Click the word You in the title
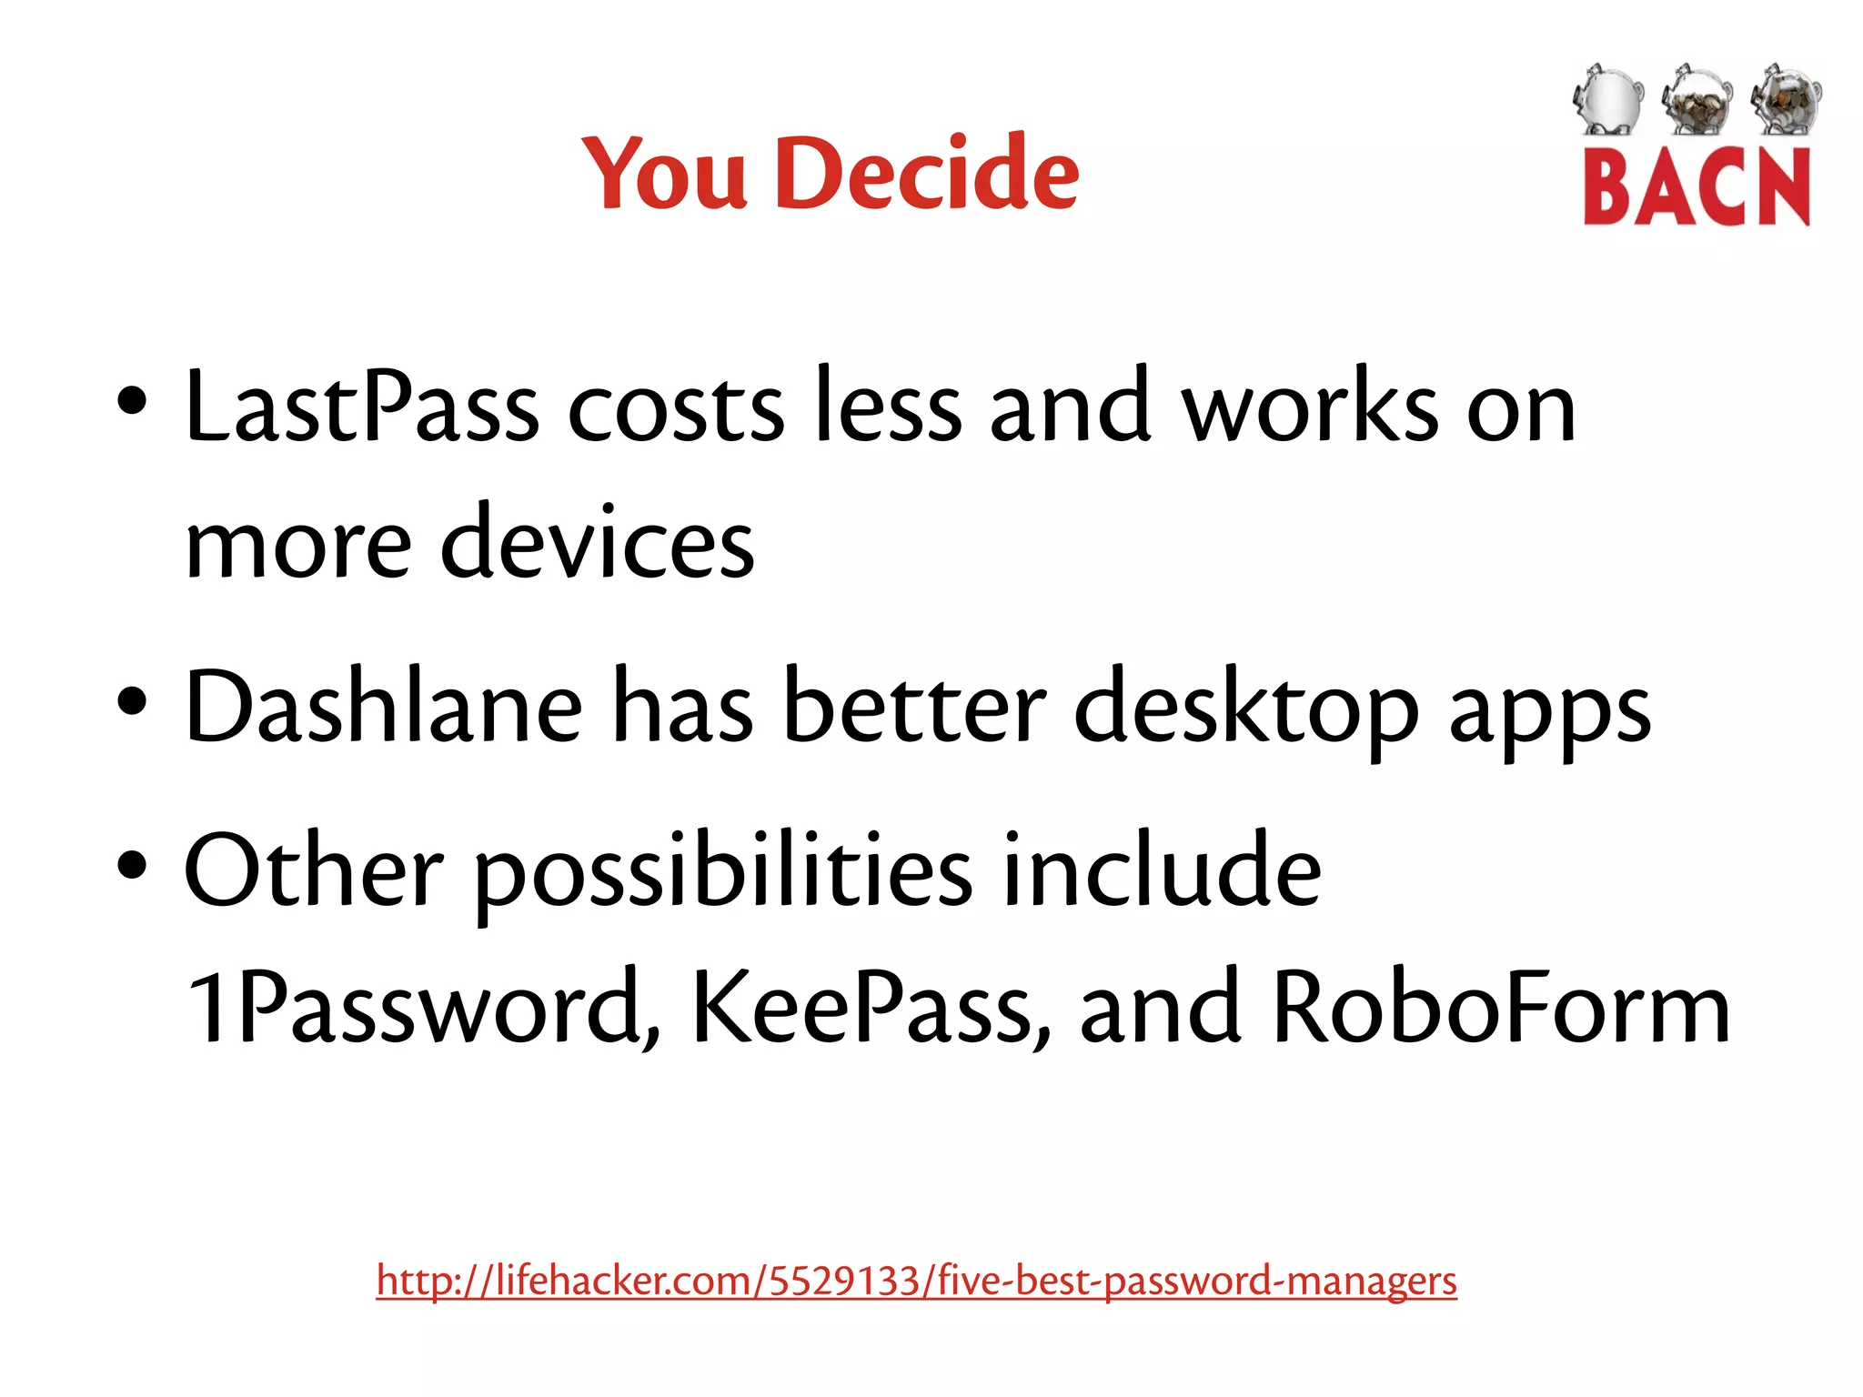pos(664,173)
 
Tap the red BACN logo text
pos(1697,188)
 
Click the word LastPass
pos(361,407)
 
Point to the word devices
pos(598,544)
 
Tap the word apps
pos(1549,714)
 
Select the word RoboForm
pos(1501,1008)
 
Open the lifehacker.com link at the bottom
pos(916,1281)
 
